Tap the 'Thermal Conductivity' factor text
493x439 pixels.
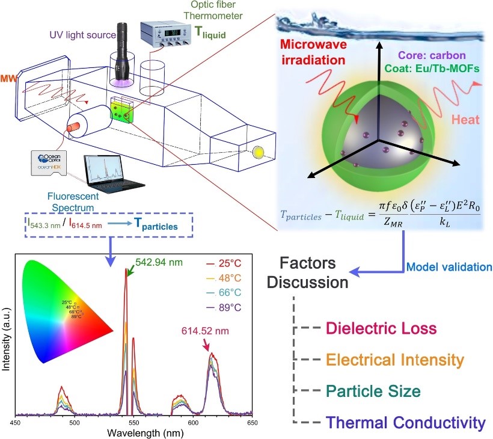coord(401,422)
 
